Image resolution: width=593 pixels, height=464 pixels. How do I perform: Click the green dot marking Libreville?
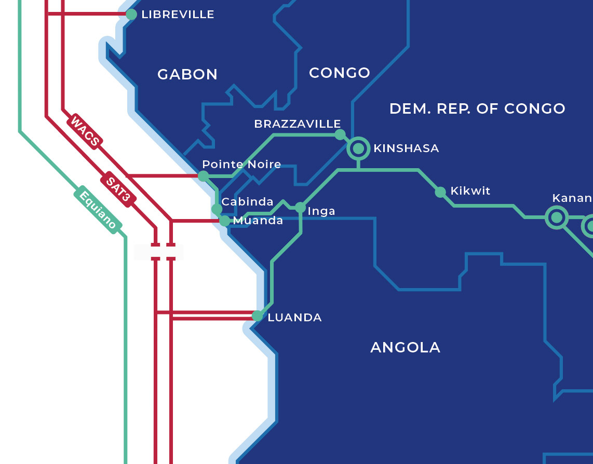point(131,14)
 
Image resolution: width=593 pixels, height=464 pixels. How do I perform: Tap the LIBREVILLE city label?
point(178,15)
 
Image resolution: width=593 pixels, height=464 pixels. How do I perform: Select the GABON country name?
point(187,75)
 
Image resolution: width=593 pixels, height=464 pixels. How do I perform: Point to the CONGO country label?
point(340,73)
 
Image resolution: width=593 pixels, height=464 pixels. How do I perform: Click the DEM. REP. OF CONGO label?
point(477,108)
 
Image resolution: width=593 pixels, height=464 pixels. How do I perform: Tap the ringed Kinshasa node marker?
point(358,148)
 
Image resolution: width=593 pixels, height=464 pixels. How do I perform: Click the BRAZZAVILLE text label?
point(297,124)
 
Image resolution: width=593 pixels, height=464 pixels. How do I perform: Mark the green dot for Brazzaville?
point(340,135)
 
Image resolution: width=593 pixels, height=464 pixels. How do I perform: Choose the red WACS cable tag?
point(85,131)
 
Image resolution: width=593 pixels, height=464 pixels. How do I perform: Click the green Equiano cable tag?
point(98,208)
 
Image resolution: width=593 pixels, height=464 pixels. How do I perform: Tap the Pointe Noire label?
point(241,165)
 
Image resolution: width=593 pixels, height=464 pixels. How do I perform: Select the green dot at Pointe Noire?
point(203,176)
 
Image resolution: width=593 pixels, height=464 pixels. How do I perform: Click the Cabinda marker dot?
point(217,209)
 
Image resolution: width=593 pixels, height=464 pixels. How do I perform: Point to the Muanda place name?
point(258,221)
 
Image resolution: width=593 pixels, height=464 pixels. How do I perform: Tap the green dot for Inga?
point(300,208)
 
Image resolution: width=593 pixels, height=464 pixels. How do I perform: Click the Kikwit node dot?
point(440,192)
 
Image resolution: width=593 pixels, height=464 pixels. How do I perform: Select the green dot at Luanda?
point(257,316)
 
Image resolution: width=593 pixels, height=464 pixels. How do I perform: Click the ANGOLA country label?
point(405,347)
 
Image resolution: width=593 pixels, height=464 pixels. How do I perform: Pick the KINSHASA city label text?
point(406,148)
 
